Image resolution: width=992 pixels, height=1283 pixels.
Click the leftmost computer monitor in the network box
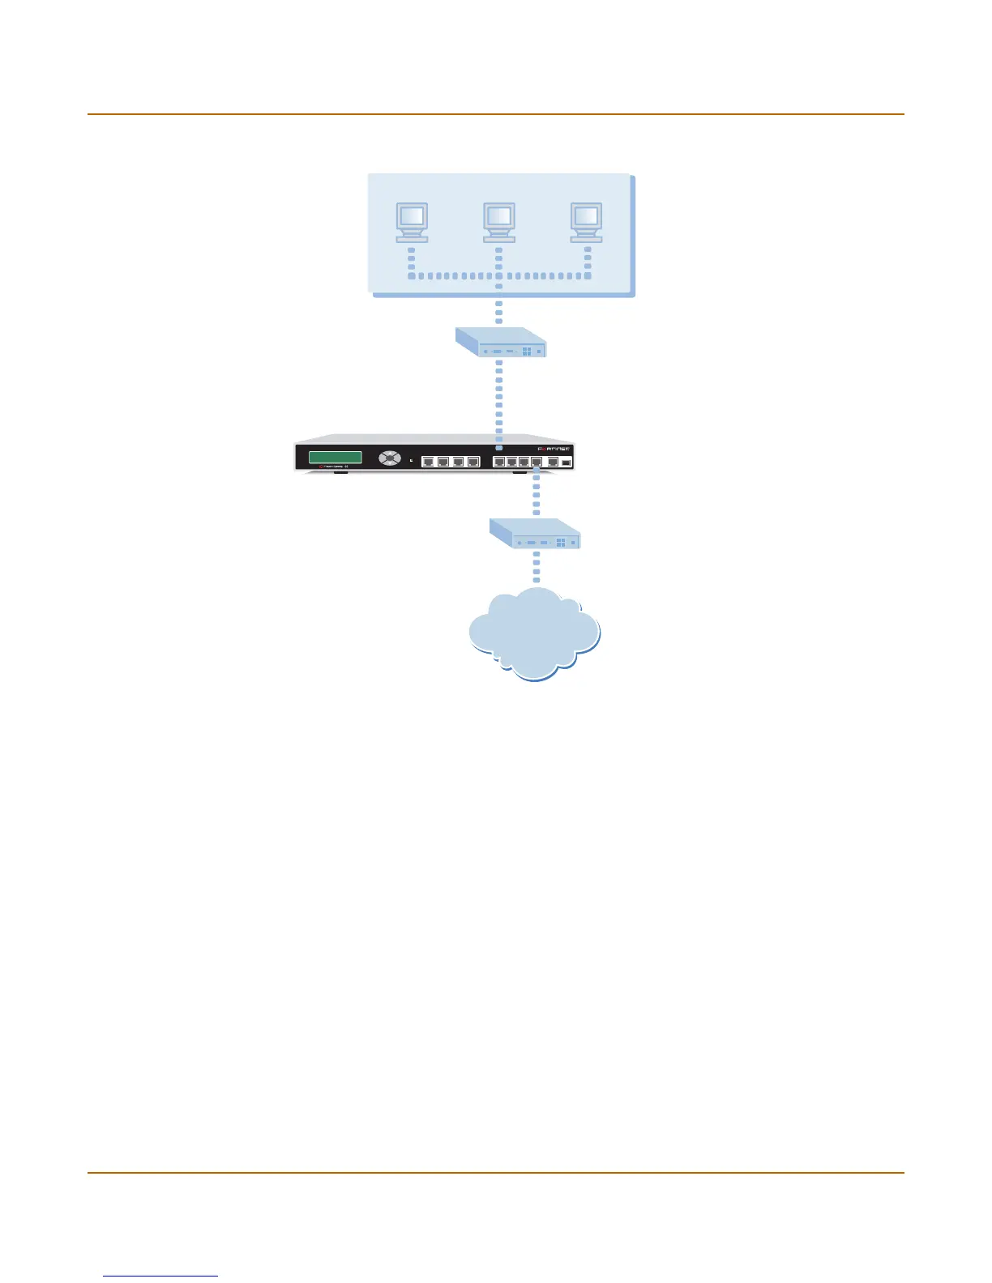412,220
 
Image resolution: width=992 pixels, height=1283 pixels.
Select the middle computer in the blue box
498,220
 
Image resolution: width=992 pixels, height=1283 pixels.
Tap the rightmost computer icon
586,220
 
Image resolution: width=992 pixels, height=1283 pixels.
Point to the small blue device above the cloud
535,534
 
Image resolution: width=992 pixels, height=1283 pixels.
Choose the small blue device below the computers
500,343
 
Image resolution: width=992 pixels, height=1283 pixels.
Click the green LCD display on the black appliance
335,458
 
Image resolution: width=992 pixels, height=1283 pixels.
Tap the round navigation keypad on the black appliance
390,458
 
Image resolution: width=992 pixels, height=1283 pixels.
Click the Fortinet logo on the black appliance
554,450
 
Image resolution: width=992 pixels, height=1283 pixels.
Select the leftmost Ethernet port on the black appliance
429,462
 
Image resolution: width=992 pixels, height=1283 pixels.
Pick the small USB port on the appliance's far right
567,462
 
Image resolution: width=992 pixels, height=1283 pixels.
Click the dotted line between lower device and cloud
536,567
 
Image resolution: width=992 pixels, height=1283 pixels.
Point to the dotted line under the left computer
412,259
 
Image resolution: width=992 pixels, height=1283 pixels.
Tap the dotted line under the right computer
588,259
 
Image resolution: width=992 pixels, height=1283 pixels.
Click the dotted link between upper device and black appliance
498,401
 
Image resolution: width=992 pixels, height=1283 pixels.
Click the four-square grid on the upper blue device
527,352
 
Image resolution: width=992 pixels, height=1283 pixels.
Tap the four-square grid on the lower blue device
561,543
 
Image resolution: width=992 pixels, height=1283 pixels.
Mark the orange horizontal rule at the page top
495,114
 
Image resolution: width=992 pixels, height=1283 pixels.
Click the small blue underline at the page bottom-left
160,1276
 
